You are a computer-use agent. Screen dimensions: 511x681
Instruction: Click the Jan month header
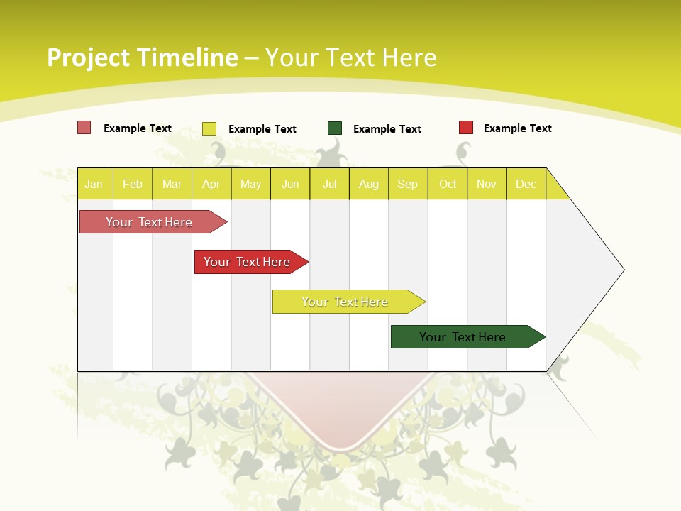click(x=94, y=184)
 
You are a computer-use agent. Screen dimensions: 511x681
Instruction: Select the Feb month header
click(x=133, y=184)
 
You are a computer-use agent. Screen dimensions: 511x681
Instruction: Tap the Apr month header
click(x=211, y=184)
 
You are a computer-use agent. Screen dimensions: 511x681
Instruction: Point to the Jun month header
click(x=290, y=184)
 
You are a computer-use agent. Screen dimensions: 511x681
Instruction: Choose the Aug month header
click(x=369, y=184)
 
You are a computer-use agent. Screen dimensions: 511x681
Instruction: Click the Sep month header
click(x=407, y=184)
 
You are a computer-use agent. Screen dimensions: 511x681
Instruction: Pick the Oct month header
click(x=448, y=184)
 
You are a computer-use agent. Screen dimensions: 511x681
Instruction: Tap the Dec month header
click(x=526, y=184)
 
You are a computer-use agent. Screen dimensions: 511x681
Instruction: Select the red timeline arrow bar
click(x=248, y=262)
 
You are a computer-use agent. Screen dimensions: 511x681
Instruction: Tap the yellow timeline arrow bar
click(x=345, y=302)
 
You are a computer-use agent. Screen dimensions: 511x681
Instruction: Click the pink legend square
click(x=84, y=128)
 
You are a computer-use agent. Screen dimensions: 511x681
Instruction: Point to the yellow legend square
click(x=209, y=128)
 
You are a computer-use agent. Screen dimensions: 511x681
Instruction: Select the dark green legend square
click(x=335, y=128)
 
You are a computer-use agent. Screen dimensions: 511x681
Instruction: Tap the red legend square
click(x=466, y=128)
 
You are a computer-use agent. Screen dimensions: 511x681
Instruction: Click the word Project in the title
click(x=88, y=57)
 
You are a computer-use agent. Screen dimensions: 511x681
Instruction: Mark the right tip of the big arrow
click(x=623, y=270)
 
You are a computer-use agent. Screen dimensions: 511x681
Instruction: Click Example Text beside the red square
click(x=517, y=128)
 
